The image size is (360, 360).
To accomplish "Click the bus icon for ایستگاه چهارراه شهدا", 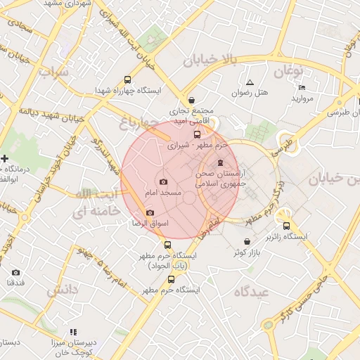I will pos(127,79).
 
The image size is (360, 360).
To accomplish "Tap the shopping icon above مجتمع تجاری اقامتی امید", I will pos(192,100).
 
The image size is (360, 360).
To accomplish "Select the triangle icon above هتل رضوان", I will pos(250,82).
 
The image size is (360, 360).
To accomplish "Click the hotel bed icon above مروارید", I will pos(302,87).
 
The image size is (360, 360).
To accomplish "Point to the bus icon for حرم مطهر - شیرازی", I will pos(196,134).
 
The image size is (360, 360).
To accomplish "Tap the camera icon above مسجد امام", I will pos(164,181).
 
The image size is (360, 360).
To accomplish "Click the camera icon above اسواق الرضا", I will pos(149,212).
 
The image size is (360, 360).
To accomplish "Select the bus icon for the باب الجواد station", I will pos(167,245).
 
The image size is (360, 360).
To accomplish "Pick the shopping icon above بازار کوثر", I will pos(246,241).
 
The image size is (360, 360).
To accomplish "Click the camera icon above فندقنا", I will pos(15,272).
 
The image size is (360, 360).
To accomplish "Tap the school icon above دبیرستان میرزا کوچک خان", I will pos(72,332).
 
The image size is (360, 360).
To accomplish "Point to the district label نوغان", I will pos(288,71).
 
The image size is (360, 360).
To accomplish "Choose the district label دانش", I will pos(63,290).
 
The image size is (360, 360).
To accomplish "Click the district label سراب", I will pos(56,72).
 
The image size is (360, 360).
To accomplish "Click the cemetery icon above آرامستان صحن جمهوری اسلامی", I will pos(221,163).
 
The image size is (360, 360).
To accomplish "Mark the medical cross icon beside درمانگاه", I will pos(5,158).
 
